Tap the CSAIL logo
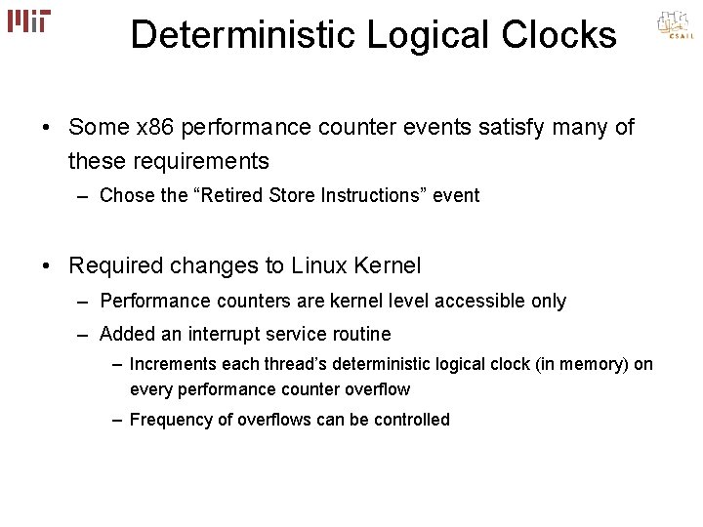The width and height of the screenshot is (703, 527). (673, 26)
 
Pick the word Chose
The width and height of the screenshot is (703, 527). (126, 196)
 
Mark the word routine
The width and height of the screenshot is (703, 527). (359, 335)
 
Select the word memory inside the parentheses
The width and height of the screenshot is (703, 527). (600, 365)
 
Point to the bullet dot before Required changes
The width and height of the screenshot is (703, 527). (47, 264)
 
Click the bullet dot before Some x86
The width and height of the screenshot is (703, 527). (47, 128)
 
